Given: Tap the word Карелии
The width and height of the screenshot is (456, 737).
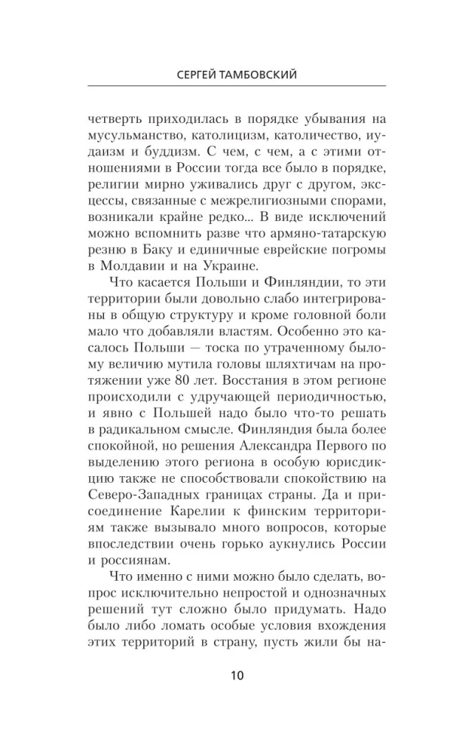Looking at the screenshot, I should click(x=188, y=502).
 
